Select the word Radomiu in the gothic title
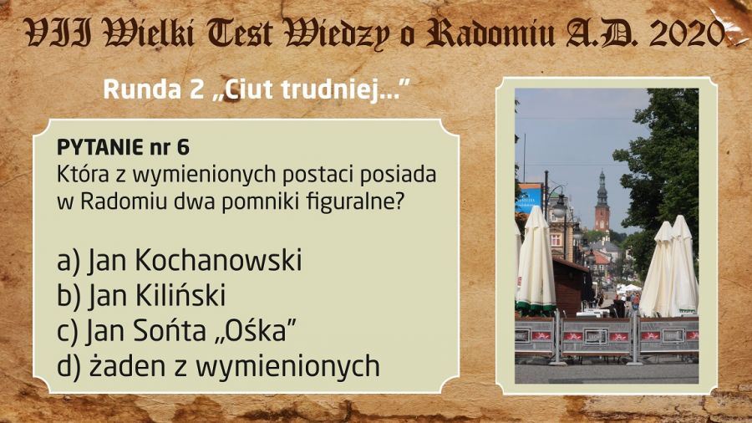click(491, 33)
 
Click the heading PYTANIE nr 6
click(124, 147)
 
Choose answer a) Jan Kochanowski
click(180, 260)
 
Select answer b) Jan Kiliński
click(141, 295)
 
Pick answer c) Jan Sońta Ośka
click(176, 330)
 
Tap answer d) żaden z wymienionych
click(218, 366)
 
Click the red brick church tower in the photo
click(602, 202)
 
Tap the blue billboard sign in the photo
click(530, 197)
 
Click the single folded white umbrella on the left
click(536, 262)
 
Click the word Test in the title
click(239, 33)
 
